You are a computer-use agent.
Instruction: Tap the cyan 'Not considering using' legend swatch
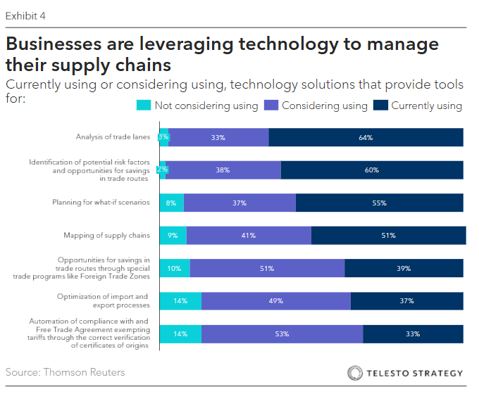click(x=142, y=106)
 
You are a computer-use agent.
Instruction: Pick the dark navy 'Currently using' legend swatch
click(x=380, y=106)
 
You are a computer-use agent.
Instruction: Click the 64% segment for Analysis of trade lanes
click(x=366, y=137)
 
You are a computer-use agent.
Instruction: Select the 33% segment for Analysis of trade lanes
click(x=218, y=137)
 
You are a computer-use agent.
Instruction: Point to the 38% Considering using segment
click(x=223, y=170)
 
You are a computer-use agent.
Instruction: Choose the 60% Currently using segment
click(x=372, y=170)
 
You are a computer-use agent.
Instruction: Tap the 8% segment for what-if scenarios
click(x=171, y=203)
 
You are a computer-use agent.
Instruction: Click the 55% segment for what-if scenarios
click(x=380, y=203)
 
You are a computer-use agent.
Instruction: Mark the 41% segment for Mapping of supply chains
click(x=249, y=236)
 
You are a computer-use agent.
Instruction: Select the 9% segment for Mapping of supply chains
click(x=173, y=236)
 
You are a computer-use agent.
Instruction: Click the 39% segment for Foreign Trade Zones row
click(x=404, y=268)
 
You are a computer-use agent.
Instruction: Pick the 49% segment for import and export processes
click(x=275, y=301)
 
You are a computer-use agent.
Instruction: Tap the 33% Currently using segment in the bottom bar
click(x=413, y=333)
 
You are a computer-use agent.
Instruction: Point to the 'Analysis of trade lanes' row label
click(x=112, y=137)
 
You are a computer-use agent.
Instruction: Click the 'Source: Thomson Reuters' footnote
click(x=65, y=371)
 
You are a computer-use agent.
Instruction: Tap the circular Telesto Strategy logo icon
click(x=356, y=372)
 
